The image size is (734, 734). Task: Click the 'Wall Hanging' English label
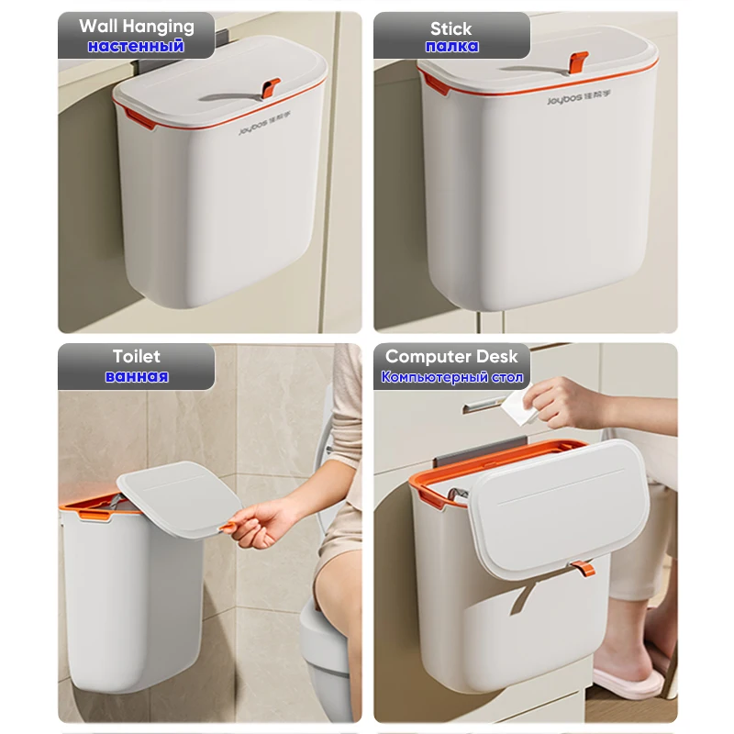137,26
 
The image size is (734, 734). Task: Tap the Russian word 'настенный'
136,46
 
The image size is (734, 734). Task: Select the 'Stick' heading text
451,28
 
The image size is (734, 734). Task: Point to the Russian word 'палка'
451,47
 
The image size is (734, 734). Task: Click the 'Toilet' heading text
136,356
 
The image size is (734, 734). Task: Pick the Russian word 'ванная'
136,376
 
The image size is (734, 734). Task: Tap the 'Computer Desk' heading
451,356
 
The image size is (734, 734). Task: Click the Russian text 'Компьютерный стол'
451,377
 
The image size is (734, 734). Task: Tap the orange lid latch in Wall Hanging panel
270,87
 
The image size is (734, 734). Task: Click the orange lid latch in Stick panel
577,61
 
